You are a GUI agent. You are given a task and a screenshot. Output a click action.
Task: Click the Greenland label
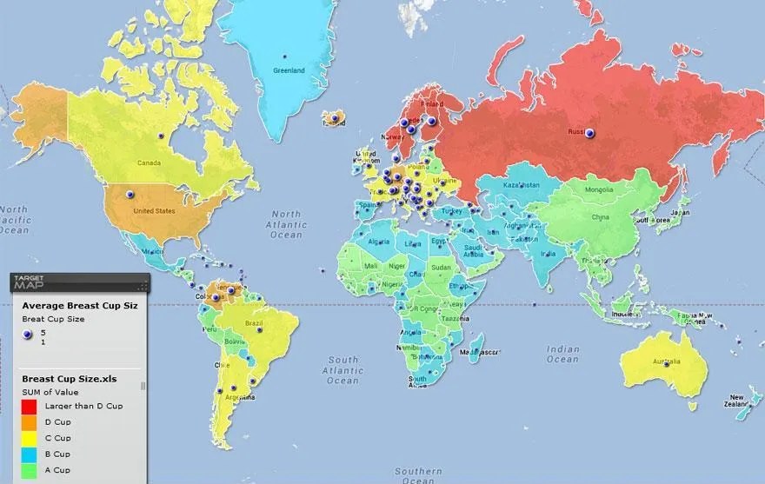289,70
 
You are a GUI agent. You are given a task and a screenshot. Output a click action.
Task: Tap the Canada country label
150,162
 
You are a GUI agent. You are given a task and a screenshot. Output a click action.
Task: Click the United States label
153,210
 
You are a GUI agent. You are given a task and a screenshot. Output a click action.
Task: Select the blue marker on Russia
590,133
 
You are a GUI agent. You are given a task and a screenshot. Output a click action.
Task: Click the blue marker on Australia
668,364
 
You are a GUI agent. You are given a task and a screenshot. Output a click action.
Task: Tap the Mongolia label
598,189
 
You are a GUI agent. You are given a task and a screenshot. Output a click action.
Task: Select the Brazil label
254,323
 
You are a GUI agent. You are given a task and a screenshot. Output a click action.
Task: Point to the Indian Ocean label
562,354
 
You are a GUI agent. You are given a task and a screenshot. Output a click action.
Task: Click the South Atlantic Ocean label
343,369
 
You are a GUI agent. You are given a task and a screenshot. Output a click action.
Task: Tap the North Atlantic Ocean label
286,223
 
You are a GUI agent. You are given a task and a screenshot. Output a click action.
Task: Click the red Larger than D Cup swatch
29,407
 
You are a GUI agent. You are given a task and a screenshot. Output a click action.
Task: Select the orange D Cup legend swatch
29,422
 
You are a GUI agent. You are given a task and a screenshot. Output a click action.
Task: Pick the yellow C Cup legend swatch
29,438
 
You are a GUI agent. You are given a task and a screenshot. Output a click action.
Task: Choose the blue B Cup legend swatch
29,454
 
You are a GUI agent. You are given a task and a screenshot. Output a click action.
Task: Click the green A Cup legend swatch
29,469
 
